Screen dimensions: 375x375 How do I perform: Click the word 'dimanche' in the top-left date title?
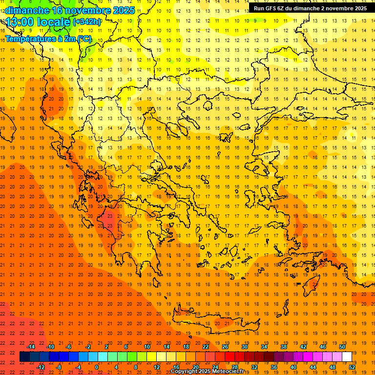click(x=27, y=10)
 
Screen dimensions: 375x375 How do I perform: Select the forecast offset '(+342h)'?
click(x=86, y=22)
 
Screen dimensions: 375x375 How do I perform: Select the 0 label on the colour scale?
click(x=97, y=367)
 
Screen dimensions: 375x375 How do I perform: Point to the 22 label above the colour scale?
click(x=206, y=347)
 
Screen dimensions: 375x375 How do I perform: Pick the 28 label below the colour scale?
click(x=234, y=367)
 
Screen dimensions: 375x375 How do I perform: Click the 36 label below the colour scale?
click(x=273, y=367)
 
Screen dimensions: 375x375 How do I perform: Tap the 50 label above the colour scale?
click(x=342, y=347)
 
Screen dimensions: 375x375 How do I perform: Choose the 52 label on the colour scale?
click(x=352, y=367)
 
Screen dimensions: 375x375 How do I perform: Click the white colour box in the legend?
click(x=347, y=357)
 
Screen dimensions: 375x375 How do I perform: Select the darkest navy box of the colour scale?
click(x=24, y=357)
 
